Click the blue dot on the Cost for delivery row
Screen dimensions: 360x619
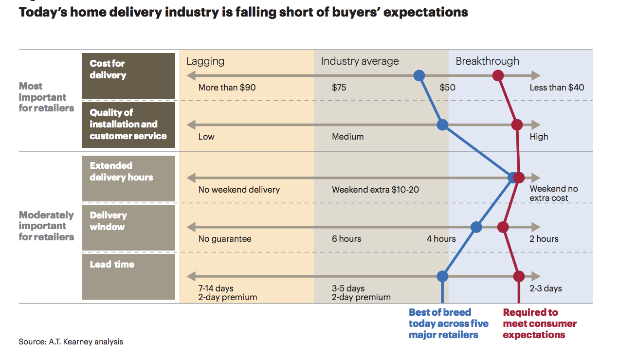[419, 75]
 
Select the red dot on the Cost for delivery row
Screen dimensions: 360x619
[497, 75]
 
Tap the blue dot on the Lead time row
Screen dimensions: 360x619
[442, 276]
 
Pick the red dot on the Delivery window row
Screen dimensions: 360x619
[503, 227]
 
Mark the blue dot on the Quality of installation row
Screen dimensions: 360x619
[442, 125]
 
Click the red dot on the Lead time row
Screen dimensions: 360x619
[519, 276]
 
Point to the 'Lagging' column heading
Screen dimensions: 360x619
[205, 61]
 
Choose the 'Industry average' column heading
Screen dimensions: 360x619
[360, 61]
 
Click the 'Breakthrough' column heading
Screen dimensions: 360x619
[487, 61]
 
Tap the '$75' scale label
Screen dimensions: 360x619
[339, 88]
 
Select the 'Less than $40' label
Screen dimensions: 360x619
[557, 88]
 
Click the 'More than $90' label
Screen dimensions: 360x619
[227, 88]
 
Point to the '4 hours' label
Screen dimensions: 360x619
[441, 239]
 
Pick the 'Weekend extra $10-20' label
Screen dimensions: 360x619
[375, 190]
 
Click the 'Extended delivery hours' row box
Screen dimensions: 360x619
[128, 178]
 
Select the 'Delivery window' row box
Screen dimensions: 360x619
[128, 227]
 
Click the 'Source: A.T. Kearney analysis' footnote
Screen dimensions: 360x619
[71, 342]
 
